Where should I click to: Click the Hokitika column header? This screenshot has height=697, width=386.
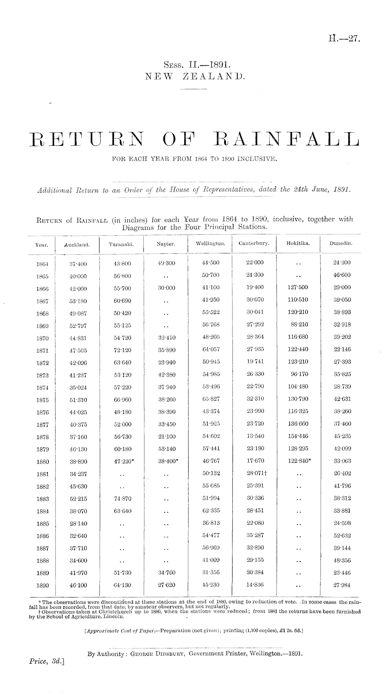pos(298,244)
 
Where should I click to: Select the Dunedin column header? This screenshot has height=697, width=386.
pos(342,244)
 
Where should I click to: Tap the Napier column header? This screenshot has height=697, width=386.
pos(166,244)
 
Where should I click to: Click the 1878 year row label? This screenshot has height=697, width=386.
pos(42,437)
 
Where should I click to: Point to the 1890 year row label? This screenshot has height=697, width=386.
pos(42,585)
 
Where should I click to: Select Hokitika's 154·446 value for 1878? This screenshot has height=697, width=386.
pos(298,436)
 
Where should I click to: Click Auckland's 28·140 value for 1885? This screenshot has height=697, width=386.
pos(78,523)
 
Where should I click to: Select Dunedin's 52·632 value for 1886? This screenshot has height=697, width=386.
pos(342,536)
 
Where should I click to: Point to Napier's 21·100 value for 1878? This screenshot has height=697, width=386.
pos(166,436)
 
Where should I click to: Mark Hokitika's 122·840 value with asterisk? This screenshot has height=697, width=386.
pos(299,461)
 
